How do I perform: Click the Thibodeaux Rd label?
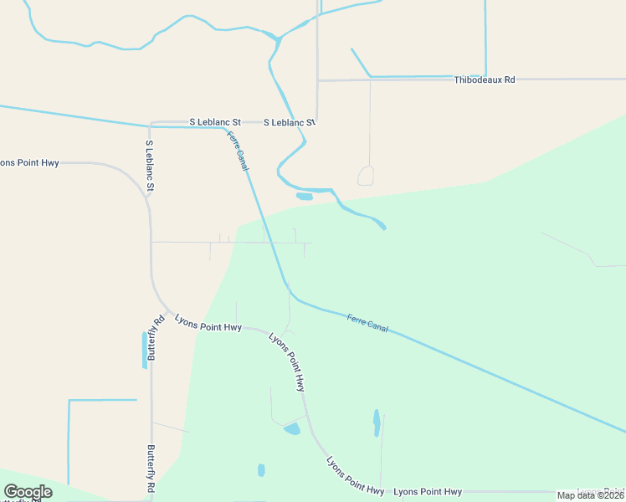[x=484, y=79]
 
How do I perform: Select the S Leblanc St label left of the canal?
[x=215, y=122]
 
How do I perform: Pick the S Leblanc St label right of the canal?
[x=289, y=122]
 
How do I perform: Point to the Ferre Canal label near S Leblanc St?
[x=238, y=151]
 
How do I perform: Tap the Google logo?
[x=28, y=492]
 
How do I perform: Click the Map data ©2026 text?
[x=591, y=495]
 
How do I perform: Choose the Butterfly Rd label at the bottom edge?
[x=151, y=469]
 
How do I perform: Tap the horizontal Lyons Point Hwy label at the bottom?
[x=427, y=491]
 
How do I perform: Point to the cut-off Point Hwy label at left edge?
[x=29, y=162]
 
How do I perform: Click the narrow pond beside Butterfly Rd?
[x=144, y=351]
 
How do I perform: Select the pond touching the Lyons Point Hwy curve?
[x=292, y=429]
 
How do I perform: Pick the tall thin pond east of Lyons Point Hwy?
[x=377, y=423]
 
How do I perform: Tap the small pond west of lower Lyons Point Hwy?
[x=261, y=469]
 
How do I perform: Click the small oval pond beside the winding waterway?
[x=304, y=197]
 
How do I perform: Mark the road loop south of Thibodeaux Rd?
[x=366, y=176]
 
